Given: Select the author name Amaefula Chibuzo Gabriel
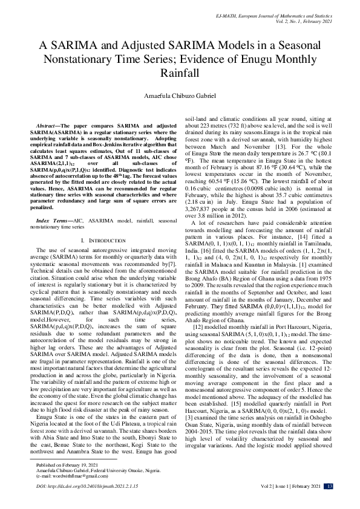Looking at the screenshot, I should point(180,96).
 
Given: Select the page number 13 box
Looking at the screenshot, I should point(329,503).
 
